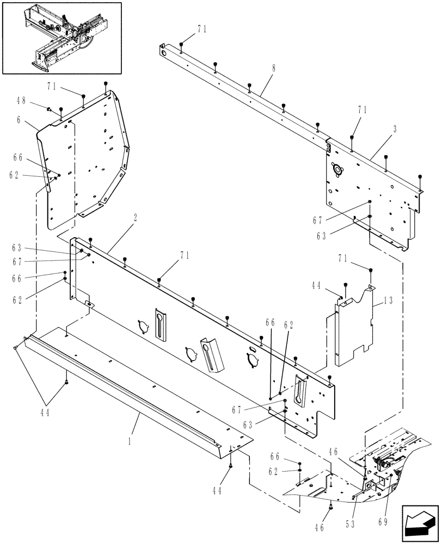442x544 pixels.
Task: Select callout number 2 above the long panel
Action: click(135, 217)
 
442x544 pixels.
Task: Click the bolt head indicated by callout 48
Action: click(48, 109)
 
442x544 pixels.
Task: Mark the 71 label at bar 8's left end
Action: click(201, 30)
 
